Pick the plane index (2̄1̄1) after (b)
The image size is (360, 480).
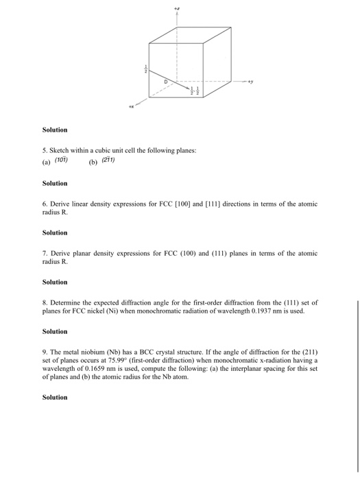pos(108,160)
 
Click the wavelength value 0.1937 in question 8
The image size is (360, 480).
pos(272,311)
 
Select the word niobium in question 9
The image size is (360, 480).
pos(86,352)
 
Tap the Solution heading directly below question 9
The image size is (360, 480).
pos(55,397)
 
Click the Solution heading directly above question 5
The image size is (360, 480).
pos(55,130)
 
